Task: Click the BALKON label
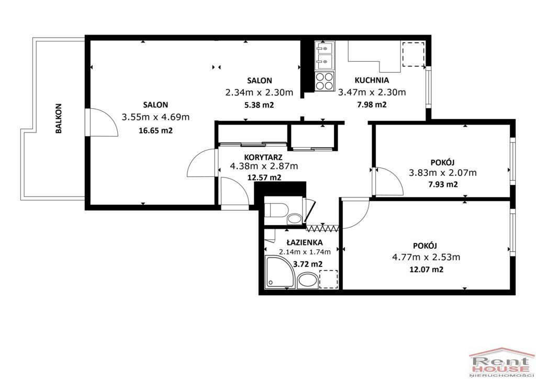coord(59,118)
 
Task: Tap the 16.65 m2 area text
coord(155,130)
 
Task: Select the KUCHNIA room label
coord(372,80)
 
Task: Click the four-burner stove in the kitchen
coord(325,81)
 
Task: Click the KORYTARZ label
coord(263,157)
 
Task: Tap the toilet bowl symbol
coord(276,210)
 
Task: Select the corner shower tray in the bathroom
coord(280,272)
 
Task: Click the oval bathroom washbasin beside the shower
coord(308,281)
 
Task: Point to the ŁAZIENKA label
coord(304,242)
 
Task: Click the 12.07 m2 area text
coord(426,269)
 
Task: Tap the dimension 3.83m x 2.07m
coord(443,173)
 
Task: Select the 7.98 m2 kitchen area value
coord(372,105)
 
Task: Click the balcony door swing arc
coord(109,118)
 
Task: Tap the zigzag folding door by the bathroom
coord(322,228)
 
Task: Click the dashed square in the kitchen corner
coord(414,54)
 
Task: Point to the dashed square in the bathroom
coord(328,279)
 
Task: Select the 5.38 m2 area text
coord(259,105)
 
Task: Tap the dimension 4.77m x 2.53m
coord(426,257)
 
